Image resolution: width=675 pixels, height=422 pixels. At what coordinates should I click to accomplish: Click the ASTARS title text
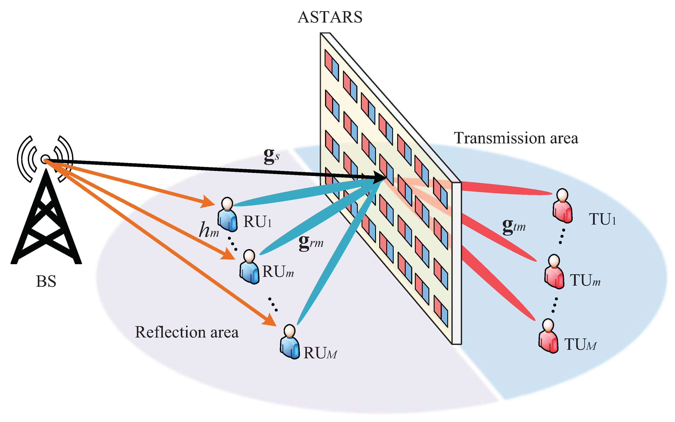pos(330,17)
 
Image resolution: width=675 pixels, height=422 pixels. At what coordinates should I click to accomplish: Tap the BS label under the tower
pos(46,281)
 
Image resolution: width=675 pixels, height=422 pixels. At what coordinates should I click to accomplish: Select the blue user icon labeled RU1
pos(227,215)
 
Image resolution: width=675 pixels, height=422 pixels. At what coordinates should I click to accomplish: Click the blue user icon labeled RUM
pos(290,342)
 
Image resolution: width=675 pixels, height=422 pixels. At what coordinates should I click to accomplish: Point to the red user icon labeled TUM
pos(548,336)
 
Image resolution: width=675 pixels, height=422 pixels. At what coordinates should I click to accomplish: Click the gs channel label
pos(271,156)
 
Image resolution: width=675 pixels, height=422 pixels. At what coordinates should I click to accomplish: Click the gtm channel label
pos(514,226)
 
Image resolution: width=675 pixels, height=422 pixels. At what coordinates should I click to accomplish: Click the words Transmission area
pos(516,138)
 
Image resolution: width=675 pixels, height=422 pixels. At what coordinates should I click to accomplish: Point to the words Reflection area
pos(187,332)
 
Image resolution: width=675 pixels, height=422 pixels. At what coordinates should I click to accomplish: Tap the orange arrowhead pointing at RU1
pos(208,202)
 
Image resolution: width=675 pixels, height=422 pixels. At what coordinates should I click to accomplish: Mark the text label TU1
pos(602,219)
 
